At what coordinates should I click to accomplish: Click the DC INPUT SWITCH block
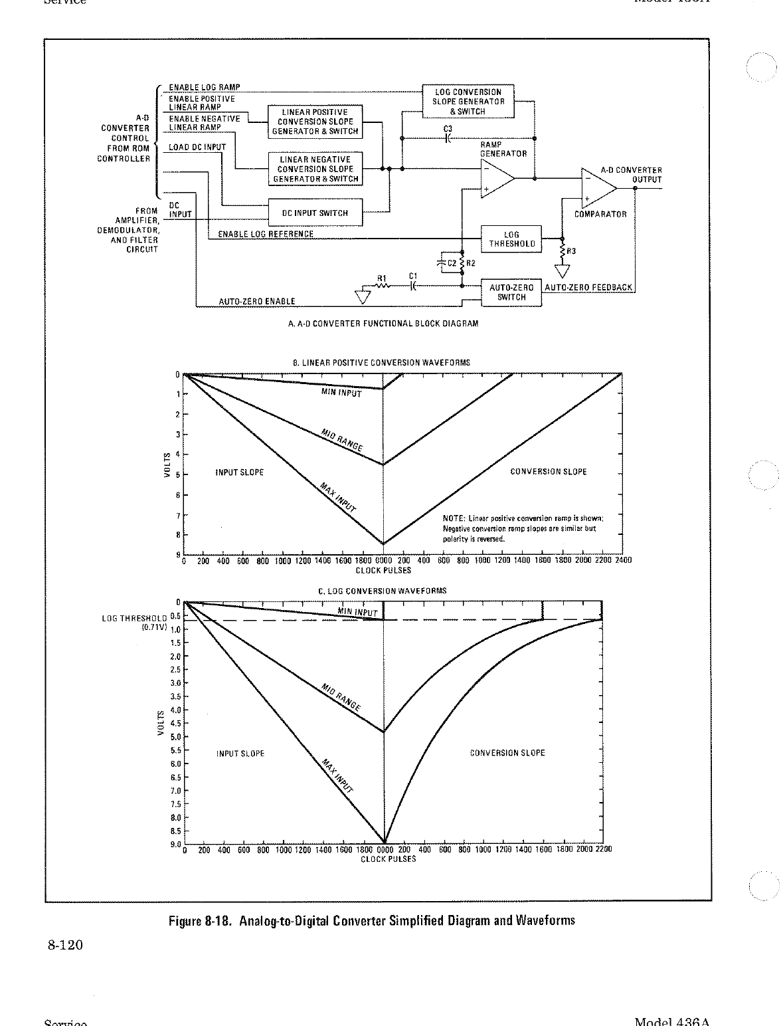[315, 213]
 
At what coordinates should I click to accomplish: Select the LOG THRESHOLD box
[511, 239]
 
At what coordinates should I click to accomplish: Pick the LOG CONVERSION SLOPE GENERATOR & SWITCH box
[468, 102]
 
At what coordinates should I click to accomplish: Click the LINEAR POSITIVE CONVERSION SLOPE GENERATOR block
[315, 122]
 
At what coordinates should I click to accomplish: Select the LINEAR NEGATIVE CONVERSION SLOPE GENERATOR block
[315, 169]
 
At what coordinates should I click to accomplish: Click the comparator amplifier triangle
[598, 189]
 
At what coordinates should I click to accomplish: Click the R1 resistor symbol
[383, 286]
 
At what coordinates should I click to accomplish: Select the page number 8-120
[64, 944]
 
